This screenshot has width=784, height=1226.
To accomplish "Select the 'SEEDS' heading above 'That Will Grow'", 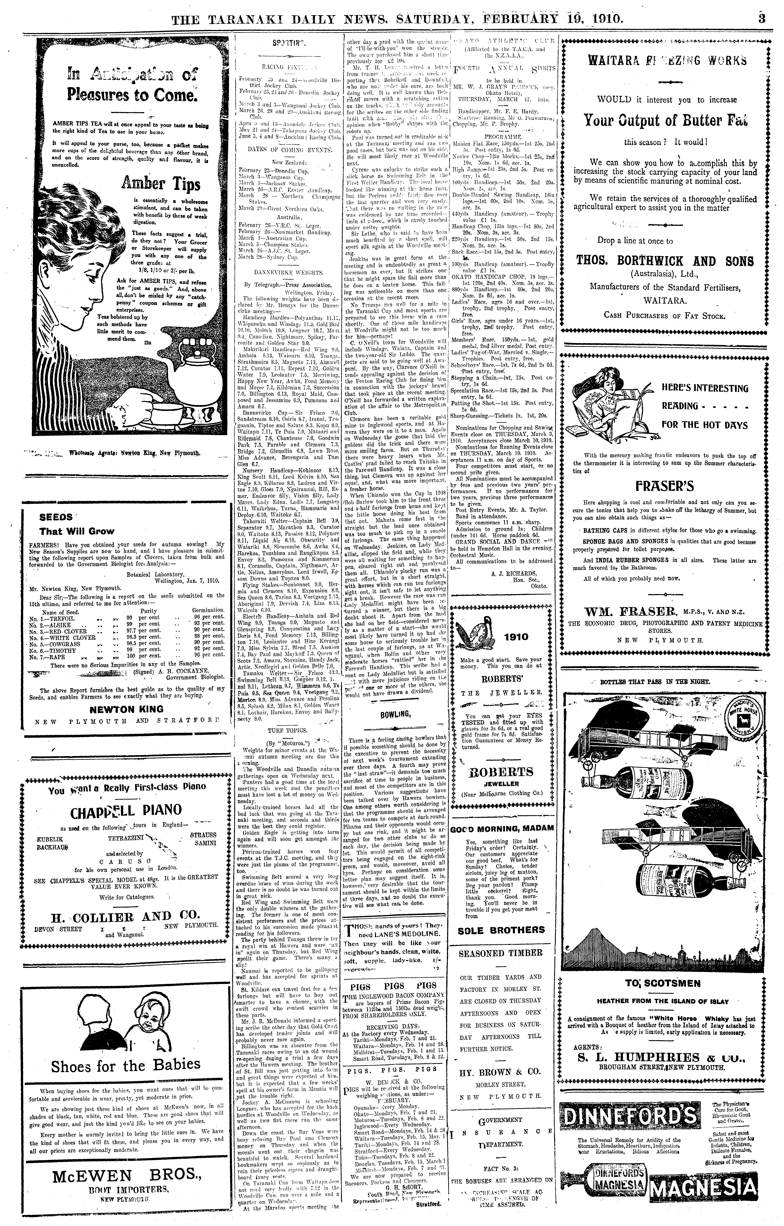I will click(x=56, y=517).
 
